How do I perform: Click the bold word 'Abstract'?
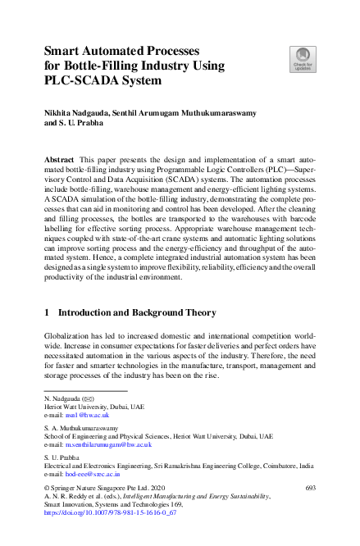(62, 157)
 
